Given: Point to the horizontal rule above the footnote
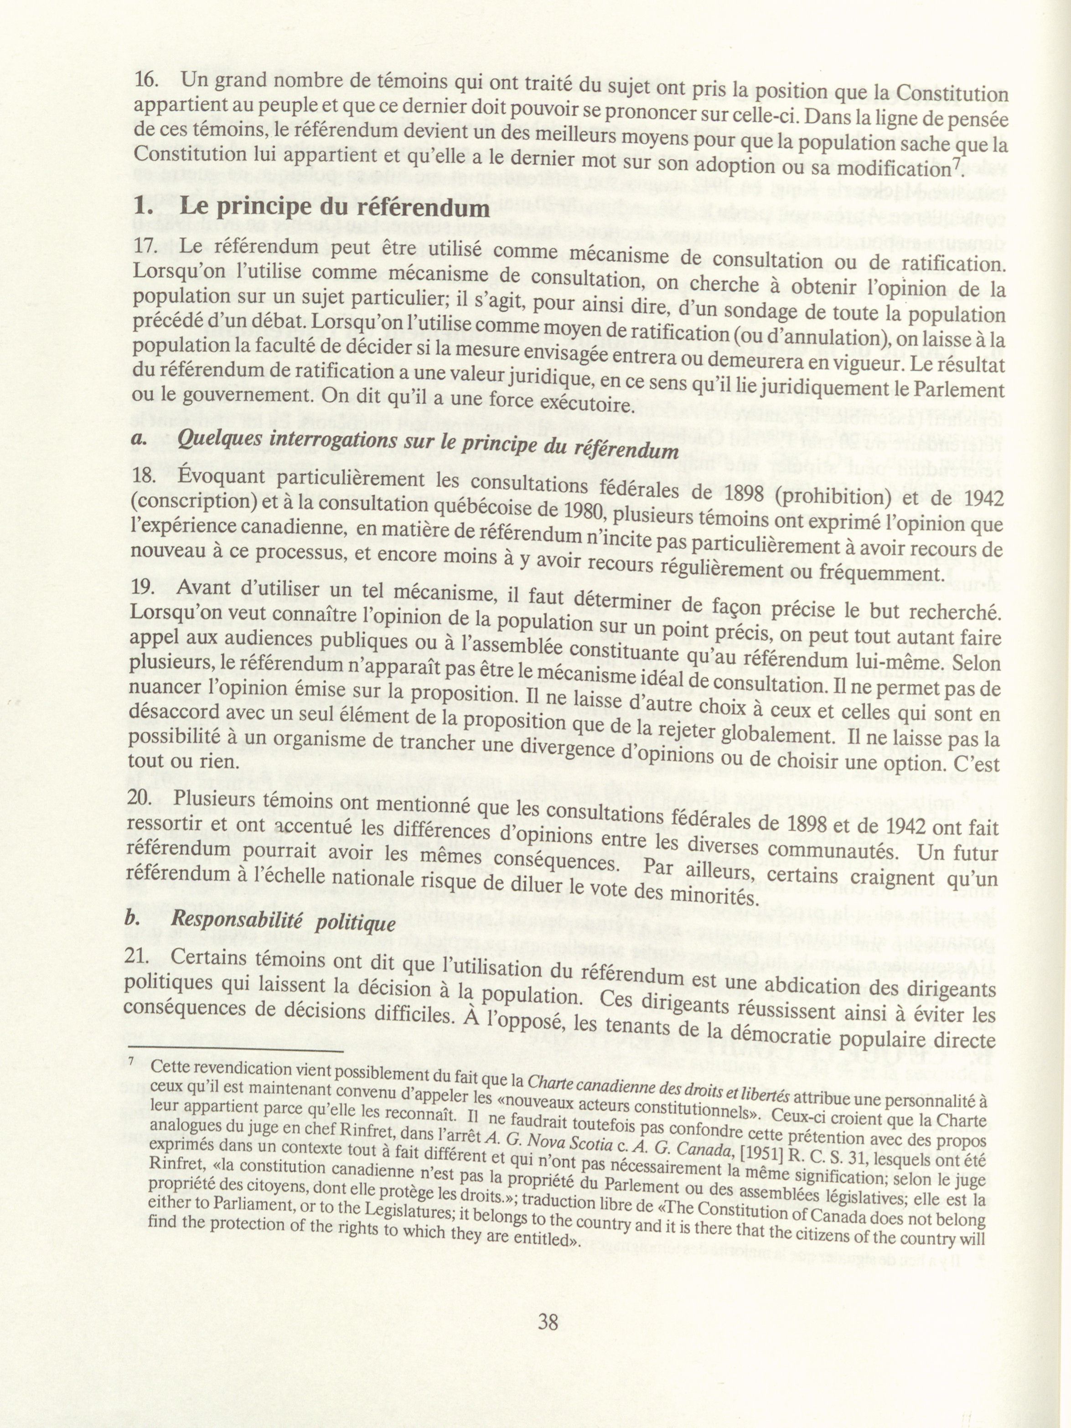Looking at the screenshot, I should [235, 1052].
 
